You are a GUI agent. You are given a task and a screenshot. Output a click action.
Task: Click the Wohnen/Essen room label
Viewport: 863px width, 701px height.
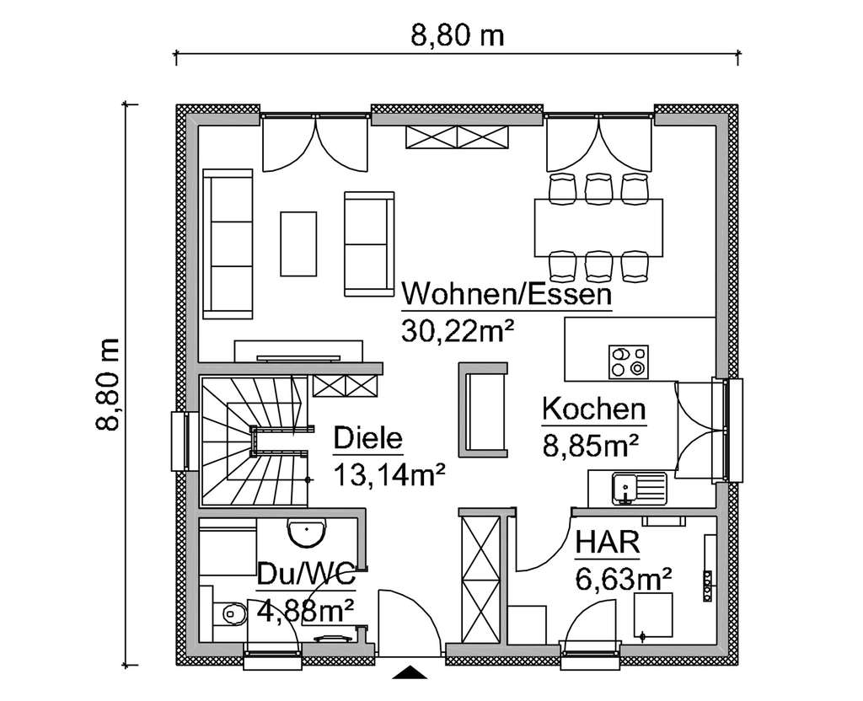[x=507, y=296]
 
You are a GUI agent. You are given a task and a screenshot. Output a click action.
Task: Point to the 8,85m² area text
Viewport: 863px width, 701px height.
[x=591, y=444]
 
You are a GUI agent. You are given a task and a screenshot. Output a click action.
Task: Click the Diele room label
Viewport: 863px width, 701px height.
[x=368, y=439]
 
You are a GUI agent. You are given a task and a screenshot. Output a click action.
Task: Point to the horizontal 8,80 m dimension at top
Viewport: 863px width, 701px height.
[x=457, y=36]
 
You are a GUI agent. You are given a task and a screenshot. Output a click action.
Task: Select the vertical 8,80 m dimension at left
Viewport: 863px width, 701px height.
[x=108, y=385]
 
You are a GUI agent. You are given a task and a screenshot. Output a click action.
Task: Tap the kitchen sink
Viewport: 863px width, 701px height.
[x=638, y=487]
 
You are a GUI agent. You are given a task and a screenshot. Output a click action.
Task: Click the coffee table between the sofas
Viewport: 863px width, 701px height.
[x=298, y=243]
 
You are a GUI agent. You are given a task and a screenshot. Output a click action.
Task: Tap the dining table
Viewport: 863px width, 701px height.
[x=598, y=227]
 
